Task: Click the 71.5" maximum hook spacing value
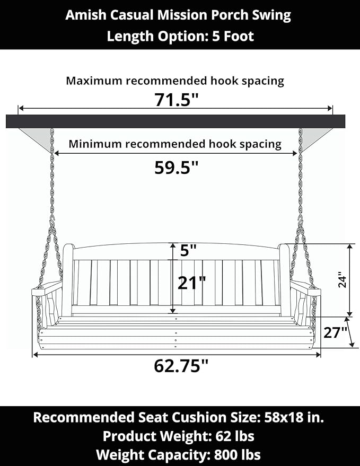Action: coord(176,100)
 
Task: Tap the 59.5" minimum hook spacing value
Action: coord(176,168)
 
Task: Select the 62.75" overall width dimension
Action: coord(181,366)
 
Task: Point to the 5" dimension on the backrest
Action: coord(188,251)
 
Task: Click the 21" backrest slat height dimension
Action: coord(191,283)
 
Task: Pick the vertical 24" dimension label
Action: coord(343,280)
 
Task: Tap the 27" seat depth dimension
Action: coord(335,332)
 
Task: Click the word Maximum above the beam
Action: coord(94,81)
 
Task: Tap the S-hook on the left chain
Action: coord(52,222)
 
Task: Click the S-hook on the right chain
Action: coord(301,222)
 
